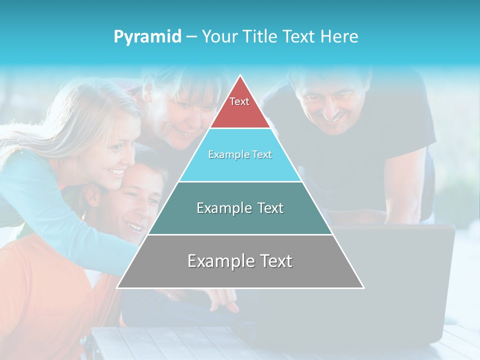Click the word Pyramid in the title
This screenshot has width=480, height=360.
coord(147,37)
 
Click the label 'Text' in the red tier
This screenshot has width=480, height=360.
coord(239,101)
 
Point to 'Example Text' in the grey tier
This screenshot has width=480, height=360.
coord(240,261)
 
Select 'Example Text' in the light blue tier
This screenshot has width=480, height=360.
coord(240,154)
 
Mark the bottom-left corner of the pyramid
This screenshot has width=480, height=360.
coord(117,287)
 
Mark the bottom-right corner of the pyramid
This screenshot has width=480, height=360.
coord(363,287)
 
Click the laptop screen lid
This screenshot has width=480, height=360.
coord(395,280)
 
